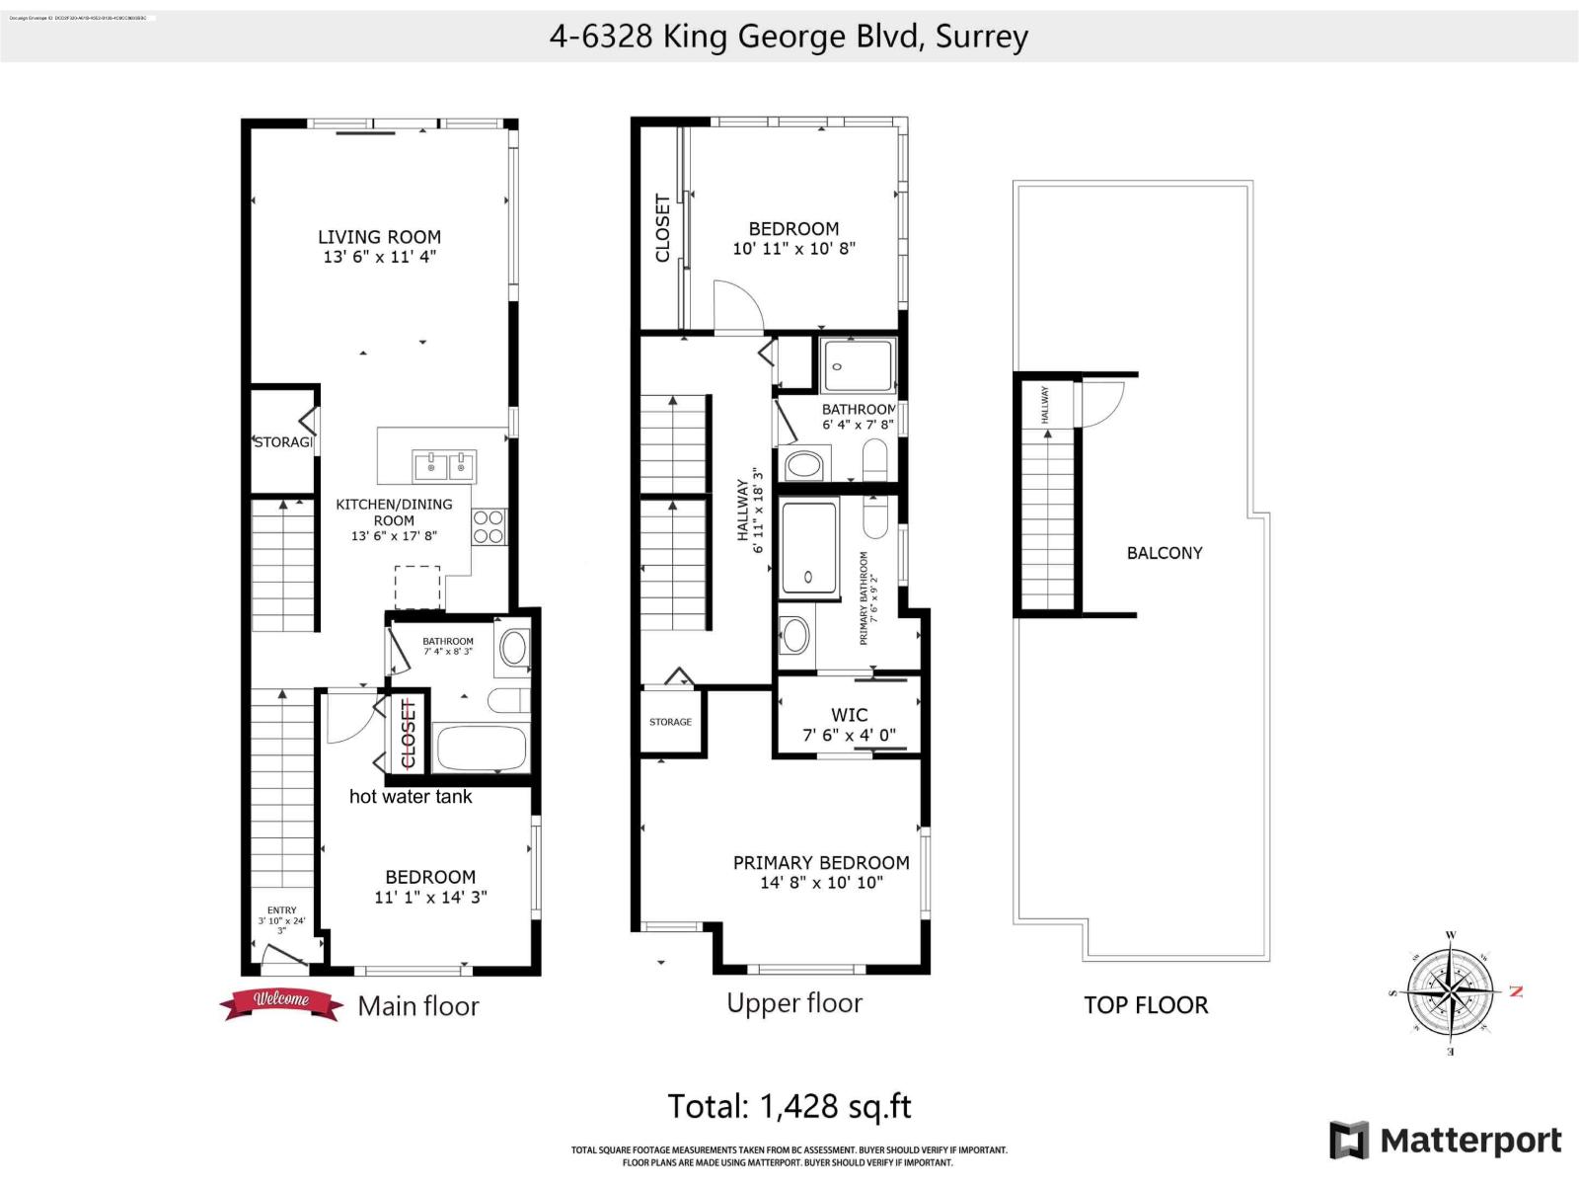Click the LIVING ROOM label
(379, 237)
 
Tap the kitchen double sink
(444, 464)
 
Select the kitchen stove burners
(489, 526)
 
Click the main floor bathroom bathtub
(483, 748)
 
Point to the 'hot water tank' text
(411, 797)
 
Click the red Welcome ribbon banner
(281, 1001)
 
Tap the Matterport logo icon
(1349, 1141)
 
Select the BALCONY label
(1165, 553)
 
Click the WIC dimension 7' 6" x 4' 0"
(849, 735)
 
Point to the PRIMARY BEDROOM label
(821, 863)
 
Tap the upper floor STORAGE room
(671, 722)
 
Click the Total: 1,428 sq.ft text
(789, 1106)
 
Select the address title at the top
(789, 37)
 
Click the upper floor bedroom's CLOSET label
(662, 228)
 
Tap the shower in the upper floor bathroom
(857, 365)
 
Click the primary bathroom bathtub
(808, 548)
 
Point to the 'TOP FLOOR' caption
(1146, 1005)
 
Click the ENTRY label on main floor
(281, 910)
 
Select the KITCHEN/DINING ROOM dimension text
(394, 536)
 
